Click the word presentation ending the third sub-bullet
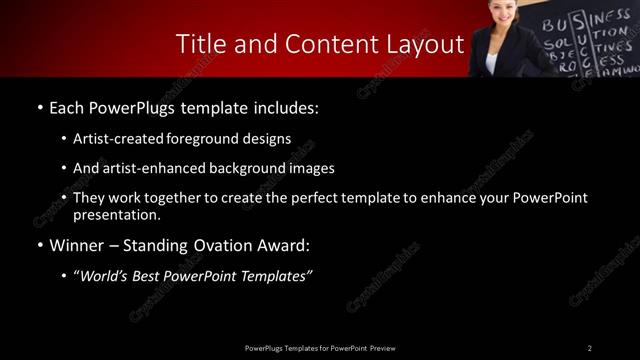116,214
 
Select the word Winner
76,244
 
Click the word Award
284,244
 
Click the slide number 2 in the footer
590,347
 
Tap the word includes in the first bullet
287,106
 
